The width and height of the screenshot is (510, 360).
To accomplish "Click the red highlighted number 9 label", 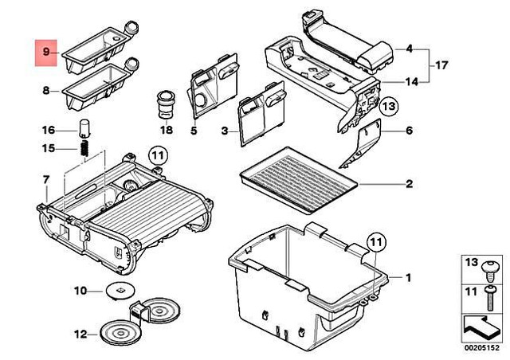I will coord(46,52).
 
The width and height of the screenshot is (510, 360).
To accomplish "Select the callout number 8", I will coord(46,91).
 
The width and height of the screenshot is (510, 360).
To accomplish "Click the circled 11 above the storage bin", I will coord(375,241).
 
